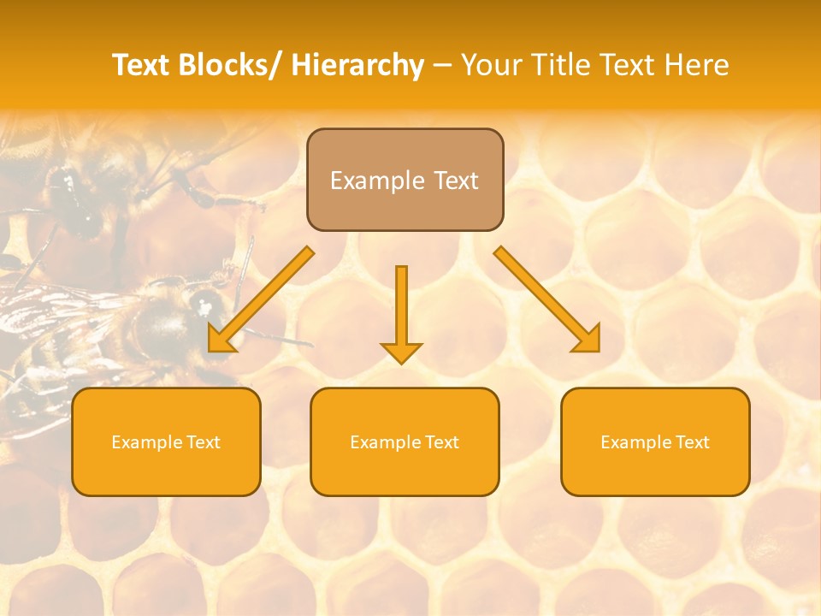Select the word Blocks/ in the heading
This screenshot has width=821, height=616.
click(229, 65)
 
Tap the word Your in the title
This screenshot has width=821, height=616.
click(491, 65)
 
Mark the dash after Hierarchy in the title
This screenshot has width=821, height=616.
click(442, 66)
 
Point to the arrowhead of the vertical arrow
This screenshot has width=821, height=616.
click(401, 352)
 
